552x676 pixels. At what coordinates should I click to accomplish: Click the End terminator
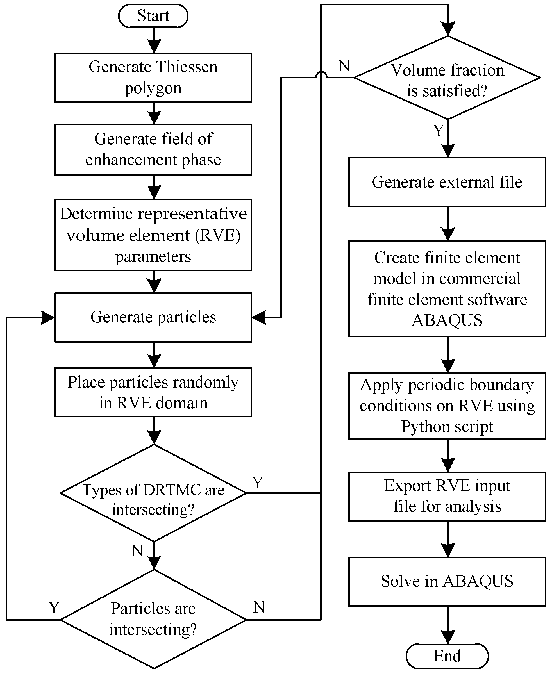pyautogui.click(x=447, y=656)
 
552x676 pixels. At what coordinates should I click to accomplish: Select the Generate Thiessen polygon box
pyautogui.click(x=153, y=78)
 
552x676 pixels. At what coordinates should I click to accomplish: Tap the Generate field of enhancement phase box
pyautogui.click(x=153, y=149)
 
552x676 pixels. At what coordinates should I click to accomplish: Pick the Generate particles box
pyautogui.click(x=153, y=317)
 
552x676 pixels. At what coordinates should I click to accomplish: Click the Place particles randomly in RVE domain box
pyautogui.click(x=153, y=392)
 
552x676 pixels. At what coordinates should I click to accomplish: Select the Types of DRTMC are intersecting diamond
pyautogui.click(x=153, y=493)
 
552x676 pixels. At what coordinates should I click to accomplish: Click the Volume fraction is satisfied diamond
pyautogui.click(x=447, y=78)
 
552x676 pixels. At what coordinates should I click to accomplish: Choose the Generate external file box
pyautogui.click(x=447, y=182)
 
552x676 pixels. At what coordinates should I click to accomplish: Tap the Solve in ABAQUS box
pyautogui.click(x=447, y=581)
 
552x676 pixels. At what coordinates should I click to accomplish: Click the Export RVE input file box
pyautogui.click(x=447, y=496)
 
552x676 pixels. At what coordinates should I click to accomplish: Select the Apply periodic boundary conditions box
pyautogui.click(x=447, y=406)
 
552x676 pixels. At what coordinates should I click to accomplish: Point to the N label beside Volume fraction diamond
pyautogui.click(x=344, y=66)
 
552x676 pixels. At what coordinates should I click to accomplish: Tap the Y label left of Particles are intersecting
pyautogui.click(x=54, y=608)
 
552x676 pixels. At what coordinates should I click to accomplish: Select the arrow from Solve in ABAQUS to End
pyautogui.click(x=448, y=625)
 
